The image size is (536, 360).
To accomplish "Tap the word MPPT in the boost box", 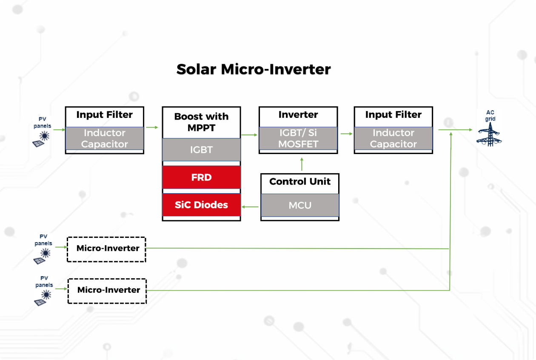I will (x=201, y=127).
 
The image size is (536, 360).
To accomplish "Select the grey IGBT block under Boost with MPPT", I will (x=201, y=150).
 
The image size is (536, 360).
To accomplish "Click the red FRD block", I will (x=201, y=177).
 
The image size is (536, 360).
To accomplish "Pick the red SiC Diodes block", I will (x=201, y=205).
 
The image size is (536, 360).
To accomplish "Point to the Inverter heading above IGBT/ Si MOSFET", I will (x=298, y=115).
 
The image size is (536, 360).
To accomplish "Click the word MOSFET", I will (x=298, y=144).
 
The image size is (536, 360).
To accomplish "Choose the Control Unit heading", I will (x=300, y=182).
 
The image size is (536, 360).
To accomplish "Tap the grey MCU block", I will (x=300, y=205).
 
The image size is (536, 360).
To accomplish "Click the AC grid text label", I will (x=490, y=116).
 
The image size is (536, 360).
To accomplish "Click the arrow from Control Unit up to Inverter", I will (x=302, y=164).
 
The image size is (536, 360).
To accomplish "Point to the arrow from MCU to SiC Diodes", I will (x=251, y=207).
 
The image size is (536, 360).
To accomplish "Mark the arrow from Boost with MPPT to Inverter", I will (x=250, y=135).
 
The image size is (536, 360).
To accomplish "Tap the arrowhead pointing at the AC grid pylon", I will (x=470, y=130).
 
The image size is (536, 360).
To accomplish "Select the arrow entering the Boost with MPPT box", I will (x=151, y=127).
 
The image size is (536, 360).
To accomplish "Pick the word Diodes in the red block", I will (x=214, y=205).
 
